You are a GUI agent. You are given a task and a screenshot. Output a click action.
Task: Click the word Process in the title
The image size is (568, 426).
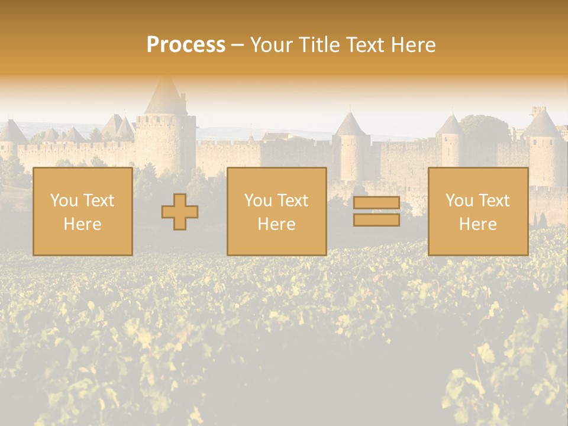pos(186,45)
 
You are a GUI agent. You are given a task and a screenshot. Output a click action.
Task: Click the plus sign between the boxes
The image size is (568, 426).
pos(180,212)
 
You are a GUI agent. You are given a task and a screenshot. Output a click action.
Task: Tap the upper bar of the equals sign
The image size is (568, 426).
pos(376,203)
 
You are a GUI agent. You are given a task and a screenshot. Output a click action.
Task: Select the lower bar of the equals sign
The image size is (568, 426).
pos(376,220)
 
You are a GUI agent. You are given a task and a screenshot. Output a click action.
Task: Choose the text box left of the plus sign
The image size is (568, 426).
pos(82,211)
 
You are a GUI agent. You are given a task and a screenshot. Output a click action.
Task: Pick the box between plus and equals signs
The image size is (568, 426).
pos(276,211)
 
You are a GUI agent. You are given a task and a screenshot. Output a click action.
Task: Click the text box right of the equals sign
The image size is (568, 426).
pos(477,211)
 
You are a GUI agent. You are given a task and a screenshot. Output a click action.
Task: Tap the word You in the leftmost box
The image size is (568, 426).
pos(64,201)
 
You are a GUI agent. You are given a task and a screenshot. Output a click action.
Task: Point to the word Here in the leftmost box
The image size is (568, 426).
pos(82,224)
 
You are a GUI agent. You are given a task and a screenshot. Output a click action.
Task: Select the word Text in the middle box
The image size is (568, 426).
pos(292,201)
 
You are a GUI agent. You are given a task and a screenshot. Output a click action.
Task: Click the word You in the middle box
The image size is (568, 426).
pos(258,201)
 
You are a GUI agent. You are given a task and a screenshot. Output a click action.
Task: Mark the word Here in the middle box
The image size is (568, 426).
pos(276,224)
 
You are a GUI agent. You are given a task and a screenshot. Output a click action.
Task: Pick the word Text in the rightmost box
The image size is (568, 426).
pos(493,201)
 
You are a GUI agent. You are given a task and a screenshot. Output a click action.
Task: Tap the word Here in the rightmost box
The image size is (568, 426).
pos(477,224)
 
